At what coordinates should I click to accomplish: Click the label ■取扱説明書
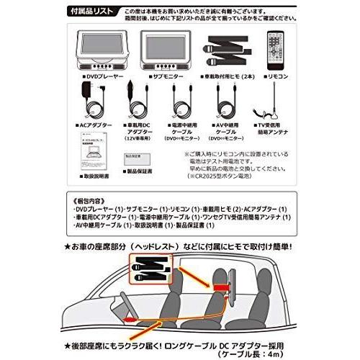[93, 176]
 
